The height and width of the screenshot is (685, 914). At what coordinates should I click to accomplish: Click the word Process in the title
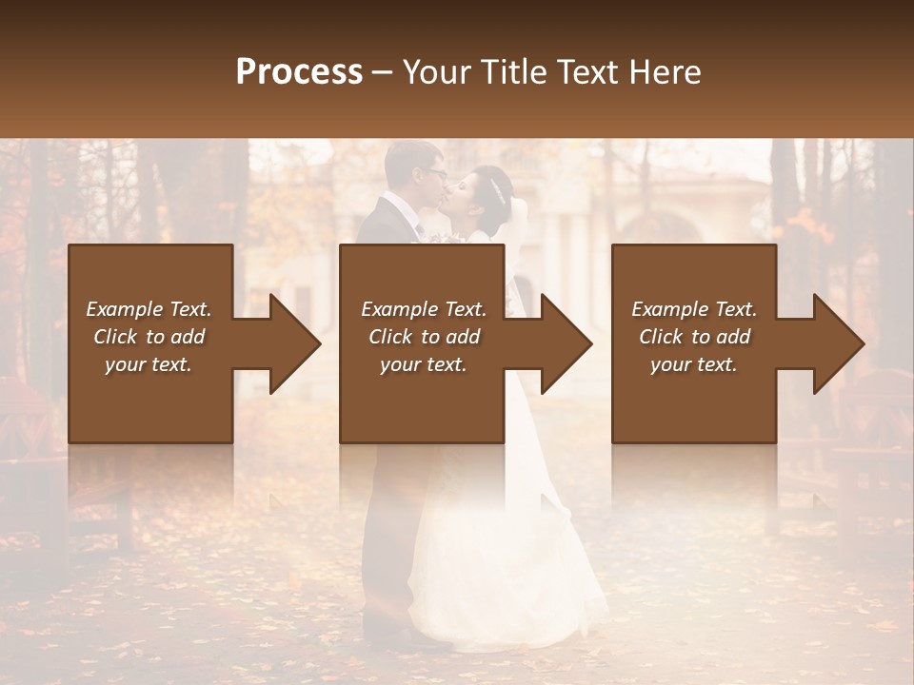299,72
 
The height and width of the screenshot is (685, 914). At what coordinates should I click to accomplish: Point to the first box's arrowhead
295,344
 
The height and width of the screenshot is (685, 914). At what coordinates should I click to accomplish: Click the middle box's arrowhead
566,344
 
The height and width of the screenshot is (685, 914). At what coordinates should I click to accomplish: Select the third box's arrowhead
838,344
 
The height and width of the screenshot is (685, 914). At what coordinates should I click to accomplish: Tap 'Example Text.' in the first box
149,309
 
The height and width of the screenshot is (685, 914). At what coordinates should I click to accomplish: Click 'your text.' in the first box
149,364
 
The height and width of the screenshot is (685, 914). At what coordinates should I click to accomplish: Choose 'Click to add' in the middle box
424,337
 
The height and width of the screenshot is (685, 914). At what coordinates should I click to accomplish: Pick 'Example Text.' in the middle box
424,309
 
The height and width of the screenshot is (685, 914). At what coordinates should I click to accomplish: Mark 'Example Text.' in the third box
694,309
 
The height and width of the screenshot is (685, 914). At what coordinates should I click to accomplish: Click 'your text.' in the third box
694,364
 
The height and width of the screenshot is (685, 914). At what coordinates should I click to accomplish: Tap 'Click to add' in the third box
694,337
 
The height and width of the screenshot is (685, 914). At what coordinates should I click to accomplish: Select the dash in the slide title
382,73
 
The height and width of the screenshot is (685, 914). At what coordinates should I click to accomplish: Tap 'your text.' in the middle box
424,364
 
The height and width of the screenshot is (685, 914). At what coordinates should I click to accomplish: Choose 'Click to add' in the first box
149,337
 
